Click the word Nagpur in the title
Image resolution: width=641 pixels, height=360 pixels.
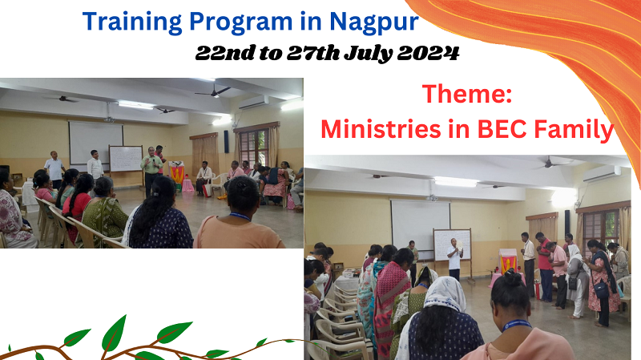point(373,22)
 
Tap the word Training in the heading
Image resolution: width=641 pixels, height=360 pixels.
point(132,22)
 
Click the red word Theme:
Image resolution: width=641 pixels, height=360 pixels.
point(467,94)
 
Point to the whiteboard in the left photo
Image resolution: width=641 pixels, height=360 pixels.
point(126,159)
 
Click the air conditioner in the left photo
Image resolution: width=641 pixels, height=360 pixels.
point(253,103)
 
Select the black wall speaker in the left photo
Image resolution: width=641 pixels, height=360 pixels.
point(227,142)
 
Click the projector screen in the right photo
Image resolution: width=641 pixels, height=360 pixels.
point(420,225)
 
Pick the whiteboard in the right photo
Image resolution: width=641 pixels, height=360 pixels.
point(452,245)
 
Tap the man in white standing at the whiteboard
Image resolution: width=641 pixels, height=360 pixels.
point(454,258)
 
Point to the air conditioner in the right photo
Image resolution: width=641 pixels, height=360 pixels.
point(602,174)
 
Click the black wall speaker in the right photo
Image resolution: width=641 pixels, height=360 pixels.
point(567,221)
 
